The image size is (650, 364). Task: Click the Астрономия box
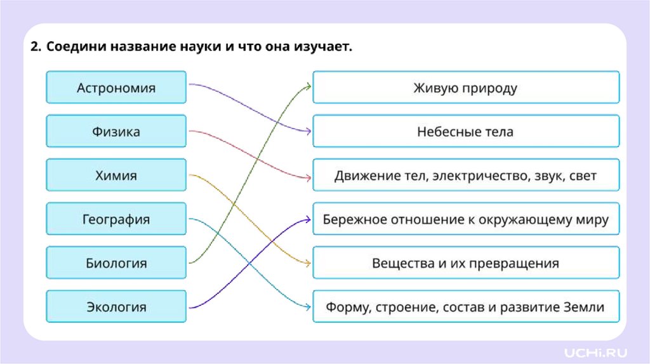(x=116, y=88)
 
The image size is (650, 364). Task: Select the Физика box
(x=116, y=132)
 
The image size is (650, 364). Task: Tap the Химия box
(x=116, y=176)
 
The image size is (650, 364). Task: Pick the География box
(x=116, y=219)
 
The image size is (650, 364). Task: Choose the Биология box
(x=116, y=263)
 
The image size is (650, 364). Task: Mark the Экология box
(x=116, y=307)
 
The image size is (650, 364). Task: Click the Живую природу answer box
(x=465, y=88)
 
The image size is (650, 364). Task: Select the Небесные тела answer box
(x=465, y=132)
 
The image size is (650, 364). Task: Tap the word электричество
(x=469, y=176)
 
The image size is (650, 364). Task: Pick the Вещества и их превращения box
(x=465, y=263)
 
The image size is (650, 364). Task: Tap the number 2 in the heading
(x=34, y=48)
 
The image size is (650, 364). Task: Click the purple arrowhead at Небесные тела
(x=308, y=132)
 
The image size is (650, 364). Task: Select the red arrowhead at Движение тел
(x=308, y=176)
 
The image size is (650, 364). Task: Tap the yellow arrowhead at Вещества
(x=308, y=263)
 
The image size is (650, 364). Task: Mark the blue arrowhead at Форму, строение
(x=308, y=307)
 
